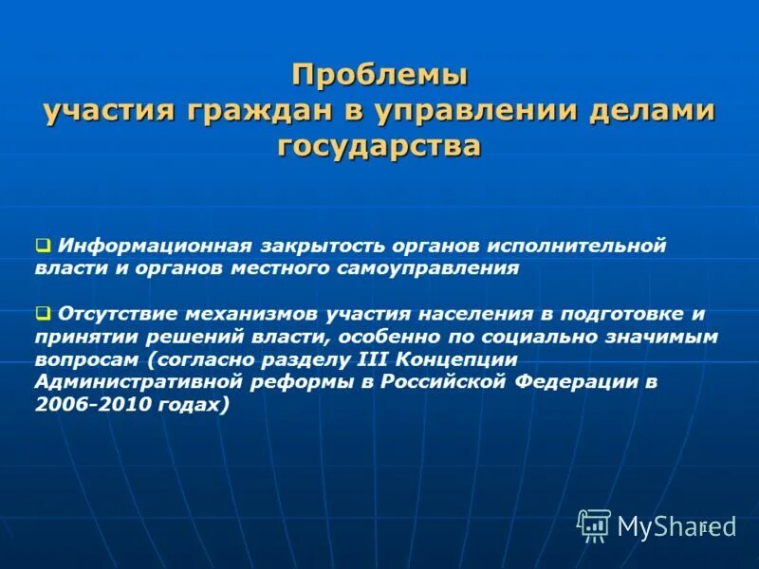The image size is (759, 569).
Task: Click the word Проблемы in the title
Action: coord(379,74)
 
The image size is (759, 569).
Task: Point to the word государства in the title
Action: coord(379,146)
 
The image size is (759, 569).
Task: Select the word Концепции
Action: coord(458,358)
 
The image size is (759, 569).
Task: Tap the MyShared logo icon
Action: coord(594,524)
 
